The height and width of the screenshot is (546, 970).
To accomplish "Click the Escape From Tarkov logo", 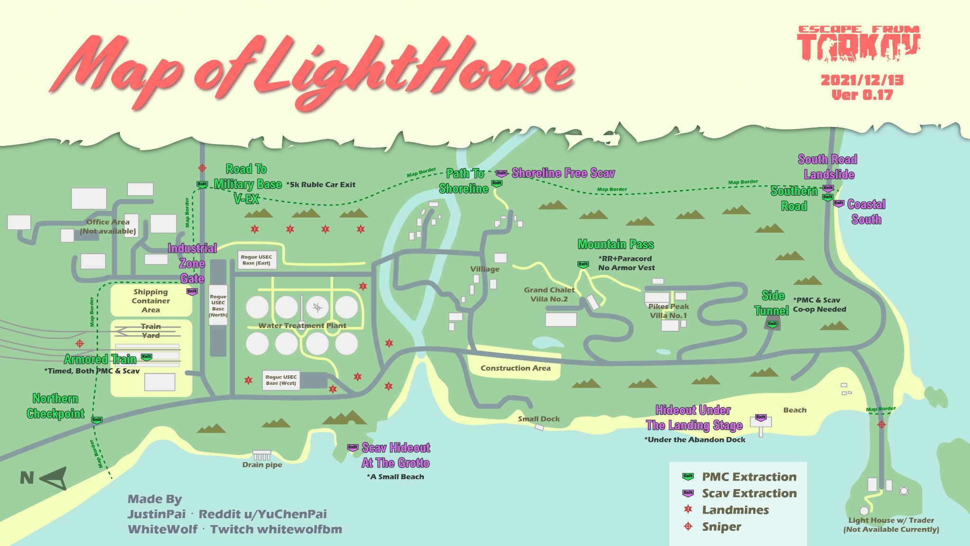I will (x=859, y=44).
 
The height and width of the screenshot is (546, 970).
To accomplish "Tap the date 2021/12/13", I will (x=862, y=80).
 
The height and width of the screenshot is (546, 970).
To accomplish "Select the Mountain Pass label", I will (x=616, y=245).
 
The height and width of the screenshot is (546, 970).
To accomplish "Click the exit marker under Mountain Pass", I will (x=583, y=264).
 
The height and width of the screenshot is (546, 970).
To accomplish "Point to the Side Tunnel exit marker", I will (x=772, y=325).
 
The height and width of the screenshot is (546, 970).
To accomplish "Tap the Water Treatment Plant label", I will (x=302, y=326).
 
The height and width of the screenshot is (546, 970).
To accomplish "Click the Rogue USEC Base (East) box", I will (x=256, y=260).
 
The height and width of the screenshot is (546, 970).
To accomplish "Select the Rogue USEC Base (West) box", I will (x=281, y=380).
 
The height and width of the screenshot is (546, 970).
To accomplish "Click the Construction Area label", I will (x=515, y=368).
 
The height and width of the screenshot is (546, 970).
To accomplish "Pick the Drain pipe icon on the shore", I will (x=261, y=455).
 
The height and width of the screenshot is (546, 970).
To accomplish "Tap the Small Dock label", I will (x=539, y=419).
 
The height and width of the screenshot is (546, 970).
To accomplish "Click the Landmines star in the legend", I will (x=688, y=510).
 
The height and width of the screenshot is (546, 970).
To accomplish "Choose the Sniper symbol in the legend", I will (x=688, y=527).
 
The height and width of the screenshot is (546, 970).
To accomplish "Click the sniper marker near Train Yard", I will (x=80, y=343).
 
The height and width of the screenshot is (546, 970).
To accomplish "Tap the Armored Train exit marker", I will (x=147, y=357).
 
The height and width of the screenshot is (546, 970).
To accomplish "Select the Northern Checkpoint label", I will (x=55, y=406).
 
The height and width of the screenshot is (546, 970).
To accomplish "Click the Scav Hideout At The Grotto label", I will (x=395, y=455).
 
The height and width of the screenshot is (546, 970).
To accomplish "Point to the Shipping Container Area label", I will (x=151, y=301).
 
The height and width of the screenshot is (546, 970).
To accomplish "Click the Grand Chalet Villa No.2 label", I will (x=549, y=294).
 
